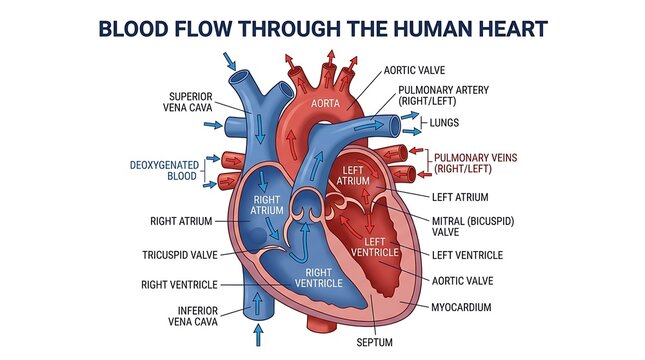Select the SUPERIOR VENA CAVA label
point(188,102)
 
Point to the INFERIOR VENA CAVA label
point(193,316)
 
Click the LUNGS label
point(444,123)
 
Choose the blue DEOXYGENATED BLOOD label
point(164,171)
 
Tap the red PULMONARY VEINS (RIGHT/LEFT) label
point(476,163)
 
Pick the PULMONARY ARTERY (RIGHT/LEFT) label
point(443,95)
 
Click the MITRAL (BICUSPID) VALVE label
point(473,227)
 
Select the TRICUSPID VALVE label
point(180,255)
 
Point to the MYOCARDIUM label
point(461,307)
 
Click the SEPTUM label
point(374,342)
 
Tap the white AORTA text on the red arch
point(325,103)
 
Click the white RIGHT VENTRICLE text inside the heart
point(318,278)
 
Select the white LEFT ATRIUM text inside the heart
point(353,175)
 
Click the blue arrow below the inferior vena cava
point(258,335)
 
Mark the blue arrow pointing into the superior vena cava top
point(230,61)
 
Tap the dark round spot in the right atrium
point(257,237)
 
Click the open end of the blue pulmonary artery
point(395,126)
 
